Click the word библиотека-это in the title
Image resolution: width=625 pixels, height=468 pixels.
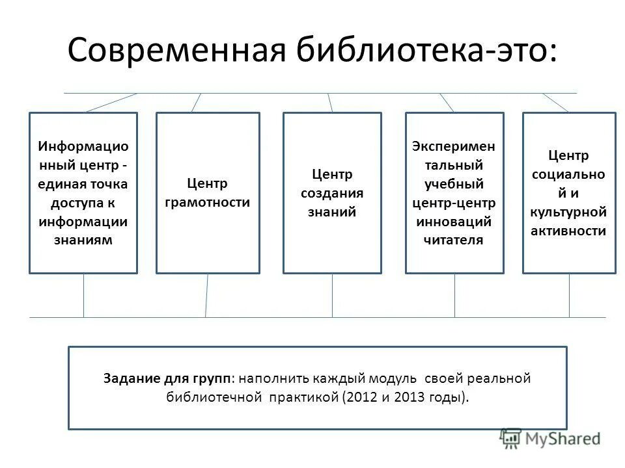click(419, 49)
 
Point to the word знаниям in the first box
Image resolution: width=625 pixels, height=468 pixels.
click(83, 240)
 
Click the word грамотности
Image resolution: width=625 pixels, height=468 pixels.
click(208, 202)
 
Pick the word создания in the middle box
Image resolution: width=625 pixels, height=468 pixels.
click(332, 193)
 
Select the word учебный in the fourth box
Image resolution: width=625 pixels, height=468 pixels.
click(454, 184)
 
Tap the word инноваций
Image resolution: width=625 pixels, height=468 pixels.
click(454, 222)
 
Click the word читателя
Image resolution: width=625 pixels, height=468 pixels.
click(454, 240)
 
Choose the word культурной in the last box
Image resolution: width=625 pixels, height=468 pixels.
click(569, 212)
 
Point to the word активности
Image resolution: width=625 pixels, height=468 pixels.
click(569, 231)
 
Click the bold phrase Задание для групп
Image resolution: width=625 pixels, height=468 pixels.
click(168, 378)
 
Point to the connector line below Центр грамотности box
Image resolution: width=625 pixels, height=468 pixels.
click(206, 295)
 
